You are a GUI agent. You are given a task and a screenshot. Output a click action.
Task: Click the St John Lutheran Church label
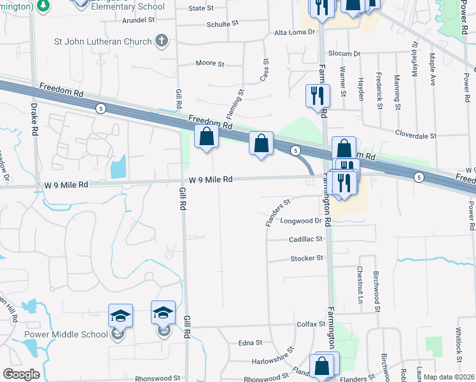pyautogui.click(x=103, y=42)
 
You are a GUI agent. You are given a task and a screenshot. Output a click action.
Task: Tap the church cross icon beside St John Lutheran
pyautogui.click(x=162, y=41)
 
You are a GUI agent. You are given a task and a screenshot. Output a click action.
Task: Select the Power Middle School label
pyautogui.click(x=66, y=334)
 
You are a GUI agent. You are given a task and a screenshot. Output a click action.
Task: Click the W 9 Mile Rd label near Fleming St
pyautogui.click(x=209, y=180)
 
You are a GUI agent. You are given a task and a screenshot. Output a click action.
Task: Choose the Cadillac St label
pyautogui.click(x=306, y=239)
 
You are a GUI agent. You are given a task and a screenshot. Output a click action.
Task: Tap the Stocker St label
pyautogui.click(x=307, y=258)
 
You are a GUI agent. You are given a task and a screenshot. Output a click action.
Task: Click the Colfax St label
pyautogui.click(x=311, y=324)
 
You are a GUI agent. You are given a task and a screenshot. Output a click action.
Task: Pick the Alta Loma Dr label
pyautogui.click(x=294, y=32)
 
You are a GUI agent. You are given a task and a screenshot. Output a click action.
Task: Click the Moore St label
pyautogui.click(x=210, y=64)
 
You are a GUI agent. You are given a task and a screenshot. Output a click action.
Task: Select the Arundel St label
pyautogui.click(x=138, y=20)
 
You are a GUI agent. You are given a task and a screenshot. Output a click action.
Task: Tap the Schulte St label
pyautogui.click(x=222, y=23)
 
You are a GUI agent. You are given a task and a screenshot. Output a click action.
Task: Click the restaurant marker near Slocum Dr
pyautogui.click(x=318, y=96)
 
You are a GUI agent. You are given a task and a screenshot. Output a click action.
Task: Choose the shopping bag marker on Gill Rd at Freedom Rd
pyautogui.click(x=206, y=136)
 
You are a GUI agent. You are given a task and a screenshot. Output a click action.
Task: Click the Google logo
pyautogui.click(x=21, y=374)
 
